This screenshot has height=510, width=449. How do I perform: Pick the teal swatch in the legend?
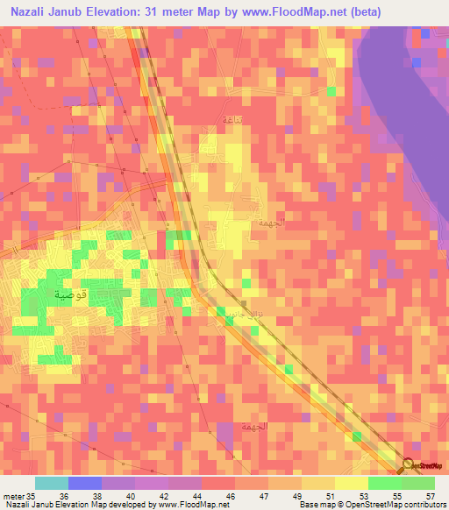click(52, 483)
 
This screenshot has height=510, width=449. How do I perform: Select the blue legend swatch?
click(85, 483)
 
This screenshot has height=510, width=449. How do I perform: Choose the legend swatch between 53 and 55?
click(384, 483)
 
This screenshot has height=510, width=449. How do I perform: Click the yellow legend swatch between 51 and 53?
click(351, 483)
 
